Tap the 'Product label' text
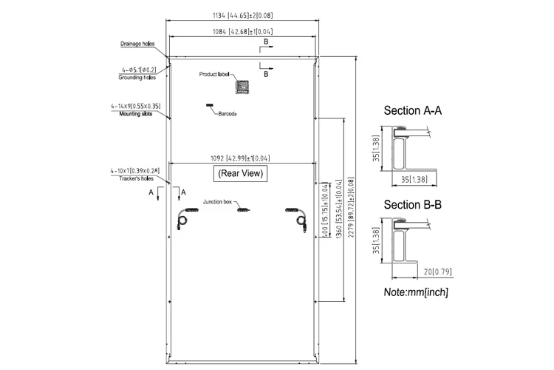215,75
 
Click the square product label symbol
242,86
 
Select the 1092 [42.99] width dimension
241,158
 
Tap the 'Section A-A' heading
412,111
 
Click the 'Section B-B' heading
412,205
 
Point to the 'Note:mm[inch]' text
415,292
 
